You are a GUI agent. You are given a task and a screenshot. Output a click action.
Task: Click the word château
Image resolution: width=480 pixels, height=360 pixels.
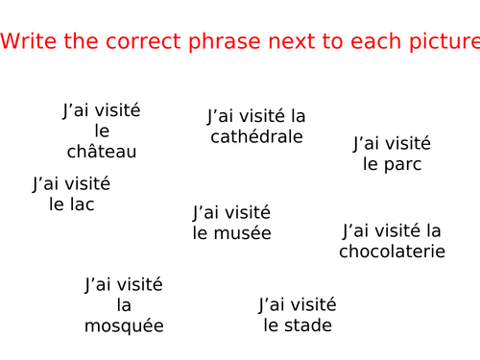tap(102, 152)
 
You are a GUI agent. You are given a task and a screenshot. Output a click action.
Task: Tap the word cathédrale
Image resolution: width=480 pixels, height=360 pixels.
tap(256, 136)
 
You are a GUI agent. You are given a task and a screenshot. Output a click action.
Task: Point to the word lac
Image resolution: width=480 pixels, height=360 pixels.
tap(82, 204)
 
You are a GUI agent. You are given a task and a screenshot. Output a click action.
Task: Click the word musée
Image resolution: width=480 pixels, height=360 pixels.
tap(245, 233)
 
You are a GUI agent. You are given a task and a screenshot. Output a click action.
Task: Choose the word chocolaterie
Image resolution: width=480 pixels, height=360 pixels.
tap(392, 252)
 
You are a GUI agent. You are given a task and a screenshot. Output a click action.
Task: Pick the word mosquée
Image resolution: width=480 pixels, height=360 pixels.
tap(124, 326)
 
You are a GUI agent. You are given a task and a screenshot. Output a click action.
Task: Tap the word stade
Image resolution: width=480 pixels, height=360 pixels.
tap(309, 325)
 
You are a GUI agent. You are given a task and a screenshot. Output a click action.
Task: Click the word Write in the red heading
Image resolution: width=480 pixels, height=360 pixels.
tap(26, 41)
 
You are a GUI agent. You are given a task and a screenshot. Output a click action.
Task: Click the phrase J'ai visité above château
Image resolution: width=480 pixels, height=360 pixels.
tap(102, 110)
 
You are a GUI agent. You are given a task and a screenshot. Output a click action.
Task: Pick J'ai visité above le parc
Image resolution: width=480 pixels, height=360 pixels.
tap(392, 144)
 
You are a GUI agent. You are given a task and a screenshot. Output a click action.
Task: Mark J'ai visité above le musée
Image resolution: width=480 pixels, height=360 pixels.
tap(231, 212)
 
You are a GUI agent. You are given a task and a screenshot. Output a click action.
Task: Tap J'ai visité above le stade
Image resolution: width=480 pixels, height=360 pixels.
tap(298, 305)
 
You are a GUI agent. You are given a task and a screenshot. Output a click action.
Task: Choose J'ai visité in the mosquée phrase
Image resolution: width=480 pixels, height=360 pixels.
tap(124, 284)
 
